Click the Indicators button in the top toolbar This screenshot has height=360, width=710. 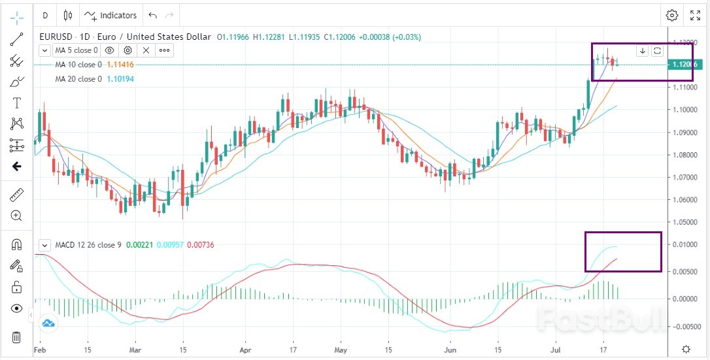pos(111,15)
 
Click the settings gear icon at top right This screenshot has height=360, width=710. pos(672,15)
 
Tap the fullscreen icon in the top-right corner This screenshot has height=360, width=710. pos(696,15)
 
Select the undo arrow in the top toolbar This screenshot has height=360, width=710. pos(153,15)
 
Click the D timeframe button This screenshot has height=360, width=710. pos(45,15)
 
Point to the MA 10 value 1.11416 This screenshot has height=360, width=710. pos(120,65)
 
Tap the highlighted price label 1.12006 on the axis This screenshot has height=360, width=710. pos(684,64)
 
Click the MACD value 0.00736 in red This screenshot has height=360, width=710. pos(201,245)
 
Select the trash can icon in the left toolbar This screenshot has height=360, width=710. pos(16,337)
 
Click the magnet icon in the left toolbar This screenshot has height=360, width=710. pos(16,245)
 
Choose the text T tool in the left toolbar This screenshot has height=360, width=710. pos(16,103)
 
